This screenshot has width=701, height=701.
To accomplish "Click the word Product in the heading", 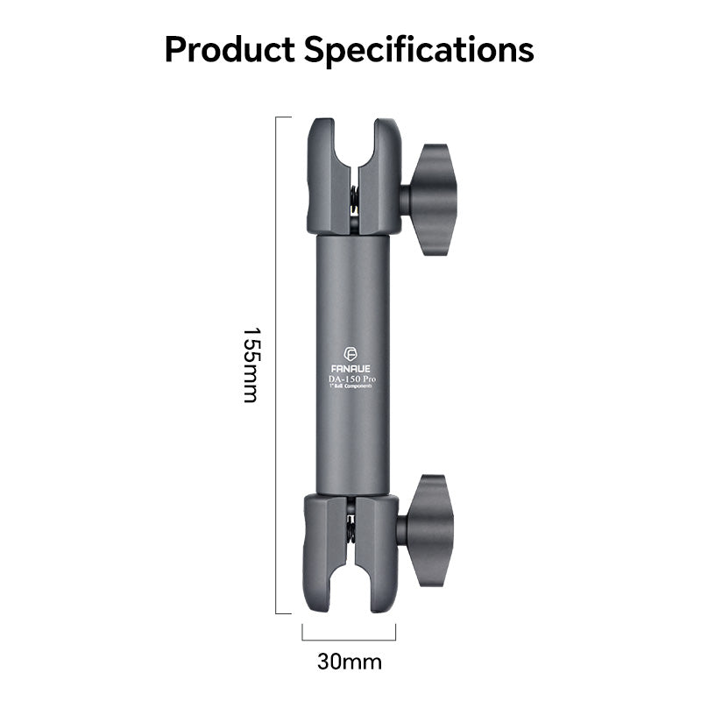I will tap(230, 49).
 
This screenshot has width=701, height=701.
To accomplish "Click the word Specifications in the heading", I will tap(420, 50).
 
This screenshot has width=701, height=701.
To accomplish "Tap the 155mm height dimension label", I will tap(251, 365).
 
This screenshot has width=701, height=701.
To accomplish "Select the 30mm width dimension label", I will tap(350, 661).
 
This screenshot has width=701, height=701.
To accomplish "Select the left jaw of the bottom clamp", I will tap(326, 552).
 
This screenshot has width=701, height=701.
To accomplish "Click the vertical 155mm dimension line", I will tap(278, 365).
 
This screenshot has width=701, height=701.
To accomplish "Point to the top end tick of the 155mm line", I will tap(284, 117).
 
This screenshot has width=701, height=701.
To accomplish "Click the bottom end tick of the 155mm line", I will tap(284, 613).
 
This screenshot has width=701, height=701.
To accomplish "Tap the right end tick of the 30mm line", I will tap(396, 633).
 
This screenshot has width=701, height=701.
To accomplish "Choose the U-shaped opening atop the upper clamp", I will tap(355, 140).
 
